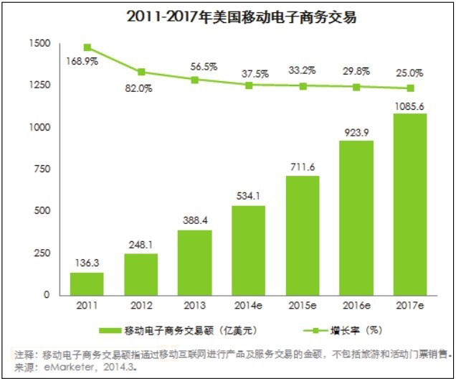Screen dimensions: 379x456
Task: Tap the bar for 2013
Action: pos(195,262)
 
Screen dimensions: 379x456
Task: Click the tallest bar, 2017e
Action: pos(411,205)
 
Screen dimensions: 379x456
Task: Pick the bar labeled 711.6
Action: pos(303,235)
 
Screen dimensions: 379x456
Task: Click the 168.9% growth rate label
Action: pos(83,61)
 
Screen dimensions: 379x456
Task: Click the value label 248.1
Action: pos(141,244)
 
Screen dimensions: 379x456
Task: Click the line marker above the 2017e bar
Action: pos(411,88)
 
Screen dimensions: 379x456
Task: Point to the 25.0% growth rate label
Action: pos(411,72)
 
